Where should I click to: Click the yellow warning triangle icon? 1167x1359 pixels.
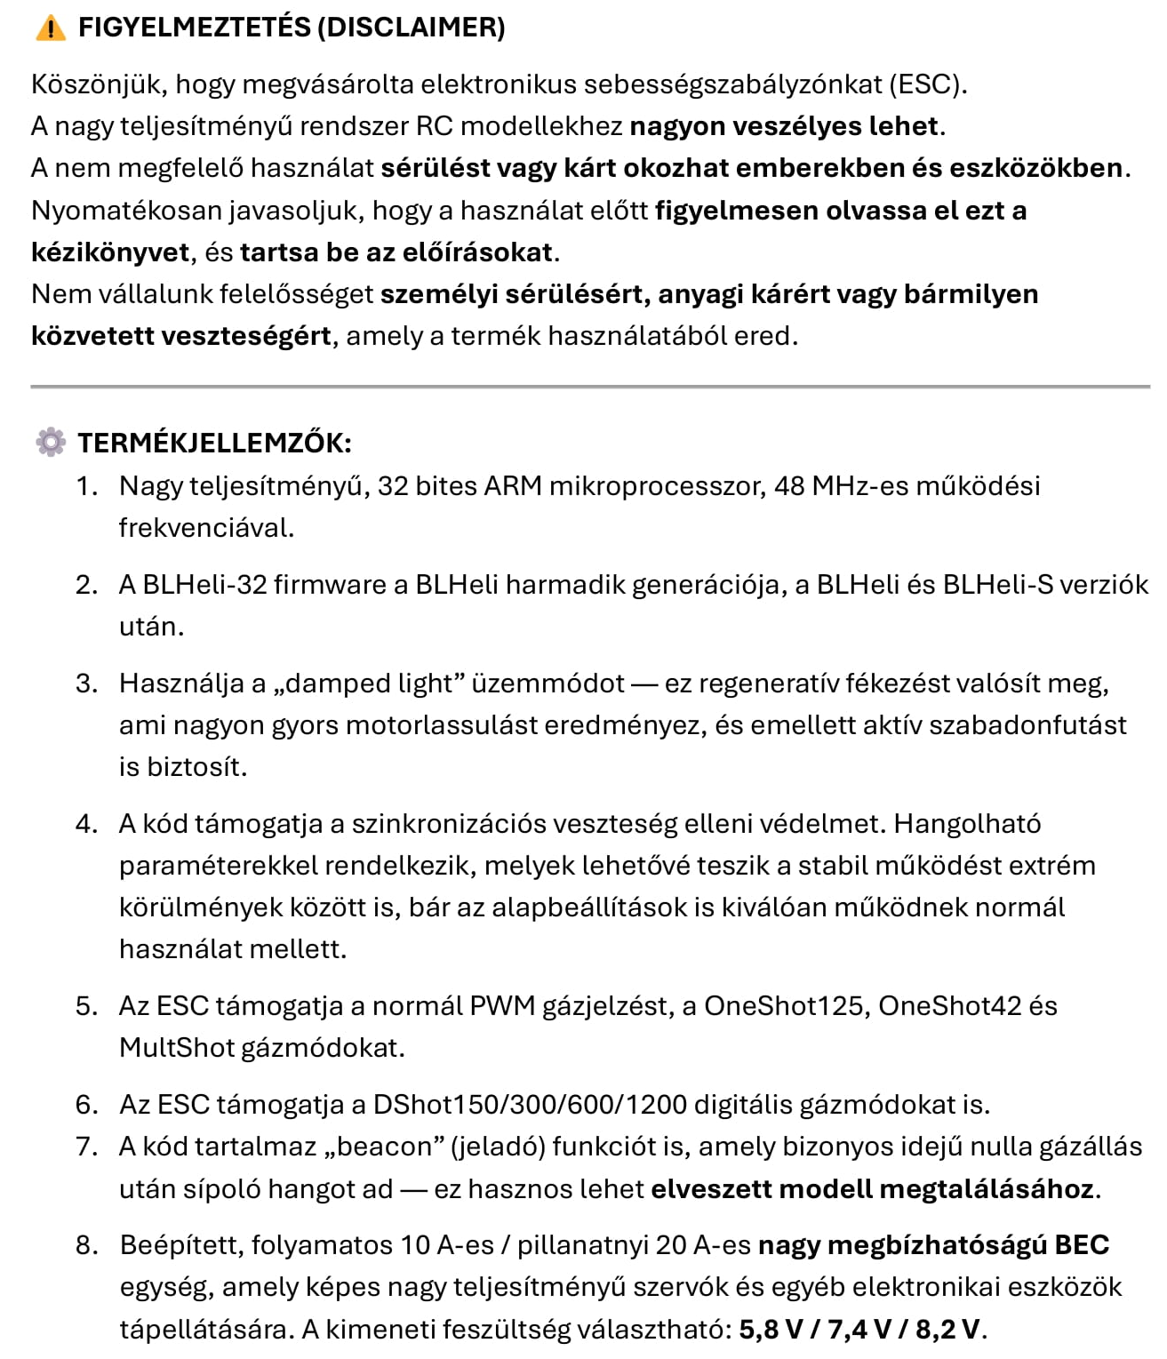(x=51, y=28)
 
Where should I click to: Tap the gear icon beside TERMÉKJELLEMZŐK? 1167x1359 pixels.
(x=51, y=442)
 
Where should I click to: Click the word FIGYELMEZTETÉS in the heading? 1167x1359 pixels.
(x=194, y=28)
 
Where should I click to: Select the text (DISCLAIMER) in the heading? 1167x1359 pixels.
(x=411, y=28)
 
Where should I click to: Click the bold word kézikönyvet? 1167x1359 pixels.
(x=110, y=252)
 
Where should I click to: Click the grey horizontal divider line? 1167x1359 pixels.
(x=590, y=387)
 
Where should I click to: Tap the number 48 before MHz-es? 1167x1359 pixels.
(x=789, y=486)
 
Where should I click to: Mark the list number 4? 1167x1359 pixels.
(x=85, y=824)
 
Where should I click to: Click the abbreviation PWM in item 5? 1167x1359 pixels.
(x=502, y=1006)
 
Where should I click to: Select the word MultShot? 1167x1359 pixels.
(x=176, y=1048)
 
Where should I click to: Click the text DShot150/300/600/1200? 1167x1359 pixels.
(x=530, y=1105)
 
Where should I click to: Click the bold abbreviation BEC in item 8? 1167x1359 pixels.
(x=1082, y=1245)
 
